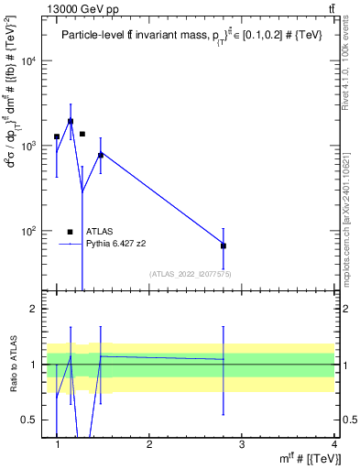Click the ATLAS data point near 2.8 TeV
coord(224,245)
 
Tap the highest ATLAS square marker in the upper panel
coord(71,121)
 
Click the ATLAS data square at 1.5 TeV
coord(101,155)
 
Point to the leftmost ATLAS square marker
coord(57,136)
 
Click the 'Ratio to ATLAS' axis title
coord(12,364)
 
